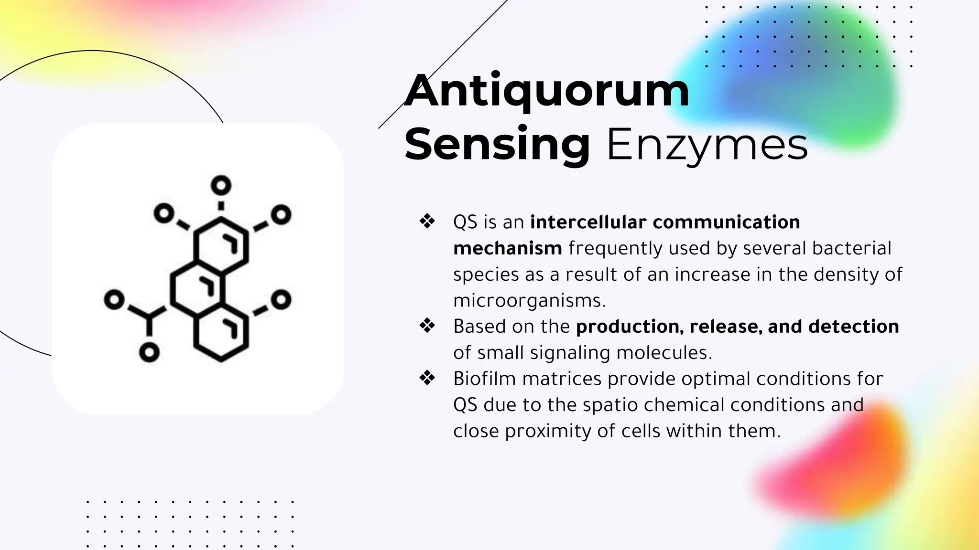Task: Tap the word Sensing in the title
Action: point(497,144)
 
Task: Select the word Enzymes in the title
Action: point(707,144)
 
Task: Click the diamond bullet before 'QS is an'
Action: point(427,221)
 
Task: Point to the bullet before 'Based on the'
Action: point(427,326)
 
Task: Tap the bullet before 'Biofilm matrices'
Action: point(427,378)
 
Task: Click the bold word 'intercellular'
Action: point(587,222)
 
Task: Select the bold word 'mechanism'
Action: point(507,248)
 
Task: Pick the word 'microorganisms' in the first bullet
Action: point(529,301)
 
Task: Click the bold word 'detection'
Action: point(853,327)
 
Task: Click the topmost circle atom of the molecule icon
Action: point(221,185)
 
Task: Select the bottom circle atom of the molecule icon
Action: point(149,352)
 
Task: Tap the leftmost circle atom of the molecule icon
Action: point(114,300)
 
